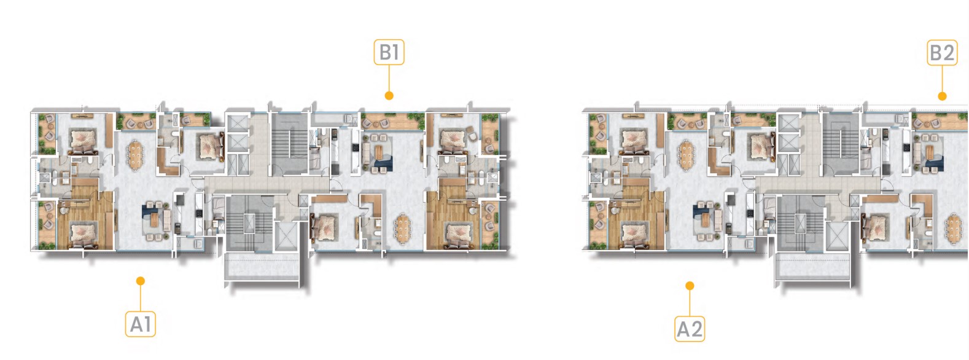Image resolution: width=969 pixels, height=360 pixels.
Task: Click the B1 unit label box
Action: click(389, 53)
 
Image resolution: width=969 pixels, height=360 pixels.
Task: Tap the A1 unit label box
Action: click(141, 324)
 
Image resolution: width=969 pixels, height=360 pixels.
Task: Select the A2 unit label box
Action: click(690, 329)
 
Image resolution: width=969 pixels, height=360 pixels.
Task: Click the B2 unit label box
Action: click(941, 53)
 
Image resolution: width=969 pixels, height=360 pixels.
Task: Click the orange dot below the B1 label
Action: click(389, 95)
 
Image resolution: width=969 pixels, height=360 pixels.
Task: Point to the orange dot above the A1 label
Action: click(141, 281)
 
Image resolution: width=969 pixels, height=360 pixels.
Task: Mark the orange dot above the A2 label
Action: click(690, 286)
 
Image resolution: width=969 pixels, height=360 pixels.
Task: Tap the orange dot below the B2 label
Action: click(942, 96)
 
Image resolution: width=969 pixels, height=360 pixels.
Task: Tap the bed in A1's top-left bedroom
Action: click(83, 140)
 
